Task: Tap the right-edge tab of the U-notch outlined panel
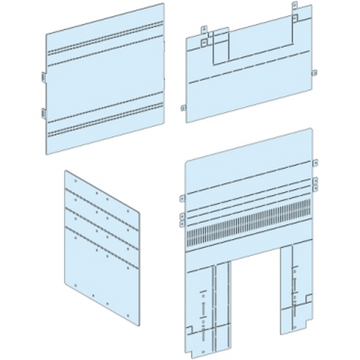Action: [314, 73]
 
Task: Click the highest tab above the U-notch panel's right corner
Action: [294, 6]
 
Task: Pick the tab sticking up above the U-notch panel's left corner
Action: [203, 29]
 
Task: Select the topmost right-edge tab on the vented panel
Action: [315, 162]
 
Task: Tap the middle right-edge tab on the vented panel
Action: [315, 179]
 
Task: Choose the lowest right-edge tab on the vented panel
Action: [315, 186]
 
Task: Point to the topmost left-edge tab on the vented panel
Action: [182, 197]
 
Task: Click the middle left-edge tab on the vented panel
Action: [182, 216]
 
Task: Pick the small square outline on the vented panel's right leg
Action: [308, 298]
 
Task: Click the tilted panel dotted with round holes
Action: [102, 244]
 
